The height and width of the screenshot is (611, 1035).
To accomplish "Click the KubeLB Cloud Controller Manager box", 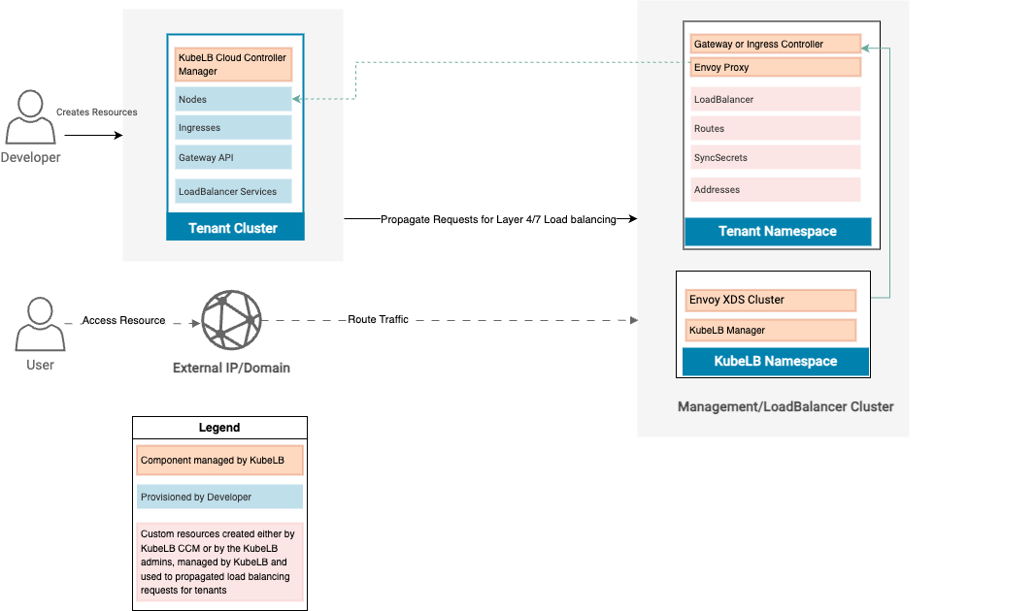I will click(x=234, y=65).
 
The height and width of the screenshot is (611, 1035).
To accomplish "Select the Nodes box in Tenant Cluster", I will click(x=234, y=99).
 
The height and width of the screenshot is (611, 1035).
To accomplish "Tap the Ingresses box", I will click(x=234, y=128).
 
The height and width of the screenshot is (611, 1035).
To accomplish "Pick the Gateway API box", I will click(x=234, y=157).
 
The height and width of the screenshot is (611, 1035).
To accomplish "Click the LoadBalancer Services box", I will click(x=234, y=191).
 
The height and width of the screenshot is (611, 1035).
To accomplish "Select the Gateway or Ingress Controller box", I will click(x=776, y=45).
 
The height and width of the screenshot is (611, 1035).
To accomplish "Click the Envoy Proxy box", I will click(x=776, y=68).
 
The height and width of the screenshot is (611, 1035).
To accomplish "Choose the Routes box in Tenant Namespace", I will click(x=776, y=128).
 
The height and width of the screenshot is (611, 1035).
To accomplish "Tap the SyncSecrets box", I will click(x=776, y=157).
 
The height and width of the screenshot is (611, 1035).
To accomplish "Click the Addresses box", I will click(x=776, y=189).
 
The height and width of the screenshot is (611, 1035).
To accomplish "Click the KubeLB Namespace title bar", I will click(x=775, y=362).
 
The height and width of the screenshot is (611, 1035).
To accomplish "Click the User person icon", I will click(x=40, y=324).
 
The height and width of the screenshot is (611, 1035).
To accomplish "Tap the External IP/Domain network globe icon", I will click(x=231, y=320).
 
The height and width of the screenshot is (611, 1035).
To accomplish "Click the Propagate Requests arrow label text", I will click(x=498, y=219).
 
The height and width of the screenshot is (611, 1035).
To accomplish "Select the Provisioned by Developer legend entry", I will click(x=219, y=497).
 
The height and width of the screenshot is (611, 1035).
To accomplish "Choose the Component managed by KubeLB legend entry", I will click(x=219, y=461).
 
